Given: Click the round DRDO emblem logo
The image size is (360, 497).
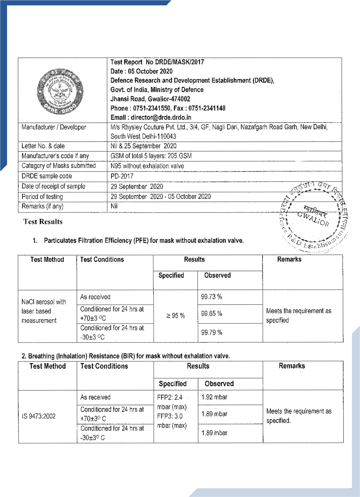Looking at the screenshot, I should pos(60,91).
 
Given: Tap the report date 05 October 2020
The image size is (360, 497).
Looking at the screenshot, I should pos(150,71).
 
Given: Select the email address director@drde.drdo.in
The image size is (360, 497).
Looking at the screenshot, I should pos(161,117).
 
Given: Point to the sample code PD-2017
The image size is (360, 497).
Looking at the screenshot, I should pos(122,176).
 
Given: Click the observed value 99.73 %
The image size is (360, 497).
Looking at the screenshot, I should pos(212,297).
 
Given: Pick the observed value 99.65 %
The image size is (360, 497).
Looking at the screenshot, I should pos(212,313).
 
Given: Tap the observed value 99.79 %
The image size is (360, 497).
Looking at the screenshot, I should pos(212,332).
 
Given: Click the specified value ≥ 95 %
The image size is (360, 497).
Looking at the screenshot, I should pos(175,316).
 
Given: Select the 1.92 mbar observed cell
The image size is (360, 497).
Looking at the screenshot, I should pos(214,397).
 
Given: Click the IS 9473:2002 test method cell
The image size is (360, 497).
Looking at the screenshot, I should pos(39,416).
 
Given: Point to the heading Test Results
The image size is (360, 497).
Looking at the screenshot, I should pos(43,222).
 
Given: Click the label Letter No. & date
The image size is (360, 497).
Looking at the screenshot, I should pos(43,146).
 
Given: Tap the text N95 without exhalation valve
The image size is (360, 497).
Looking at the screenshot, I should pos(147,166).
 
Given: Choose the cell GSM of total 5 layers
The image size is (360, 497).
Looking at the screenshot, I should pos(151,156).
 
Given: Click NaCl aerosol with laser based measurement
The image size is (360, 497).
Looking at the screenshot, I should pos(44,311).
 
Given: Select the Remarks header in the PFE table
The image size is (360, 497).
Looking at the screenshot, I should pos(289,259).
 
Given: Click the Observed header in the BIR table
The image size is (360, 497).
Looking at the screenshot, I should pos(219,383).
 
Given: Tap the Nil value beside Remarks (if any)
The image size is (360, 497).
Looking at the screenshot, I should pos(114,206).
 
